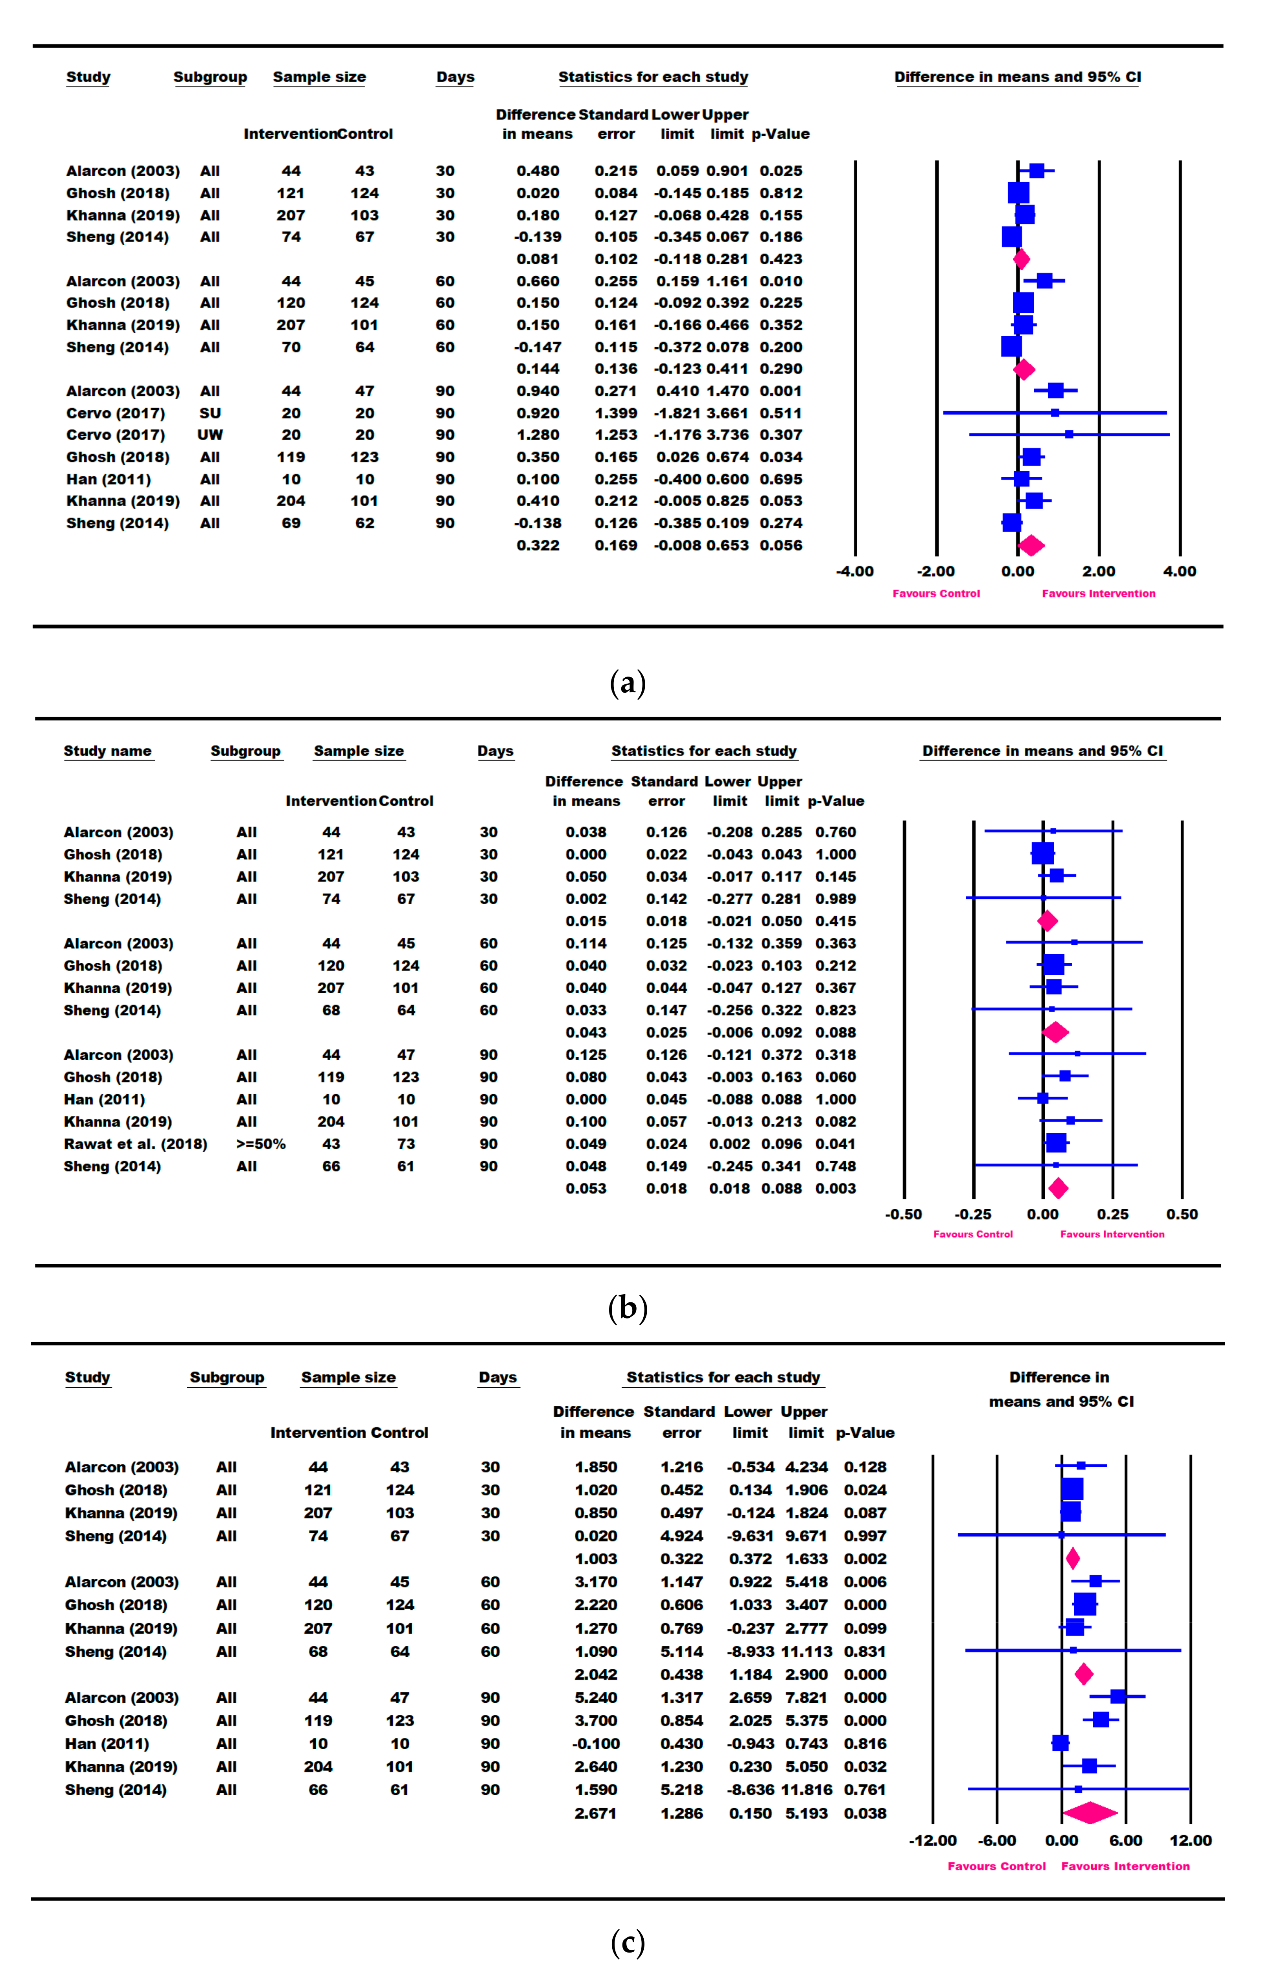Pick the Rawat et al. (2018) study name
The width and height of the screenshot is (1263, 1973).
135,1143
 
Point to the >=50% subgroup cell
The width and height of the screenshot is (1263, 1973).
261,1143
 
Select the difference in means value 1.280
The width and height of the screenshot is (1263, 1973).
538,435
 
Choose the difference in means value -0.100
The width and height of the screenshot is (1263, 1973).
596,1743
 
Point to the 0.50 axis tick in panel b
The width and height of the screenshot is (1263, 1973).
1182,1214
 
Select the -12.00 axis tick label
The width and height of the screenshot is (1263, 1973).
932,1840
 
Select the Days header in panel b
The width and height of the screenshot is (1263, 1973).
495,750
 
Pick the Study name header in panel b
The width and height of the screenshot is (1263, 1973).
107,750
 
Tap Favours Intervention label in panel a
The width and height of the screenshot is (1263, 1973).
1098,593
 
